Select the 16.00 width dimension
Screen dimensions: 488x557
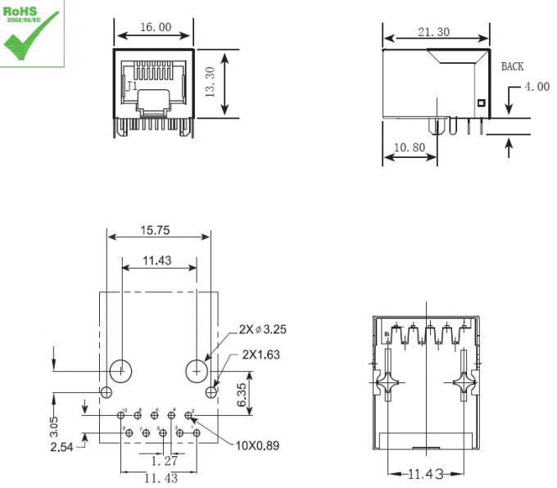155,27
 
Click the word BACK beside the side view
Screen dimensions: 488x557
512,66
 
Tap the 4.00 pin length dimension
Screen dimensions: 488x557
537,87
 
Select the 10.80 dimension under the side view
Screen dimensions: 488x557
409,148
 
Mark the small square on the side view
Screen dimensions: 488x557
481,103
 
